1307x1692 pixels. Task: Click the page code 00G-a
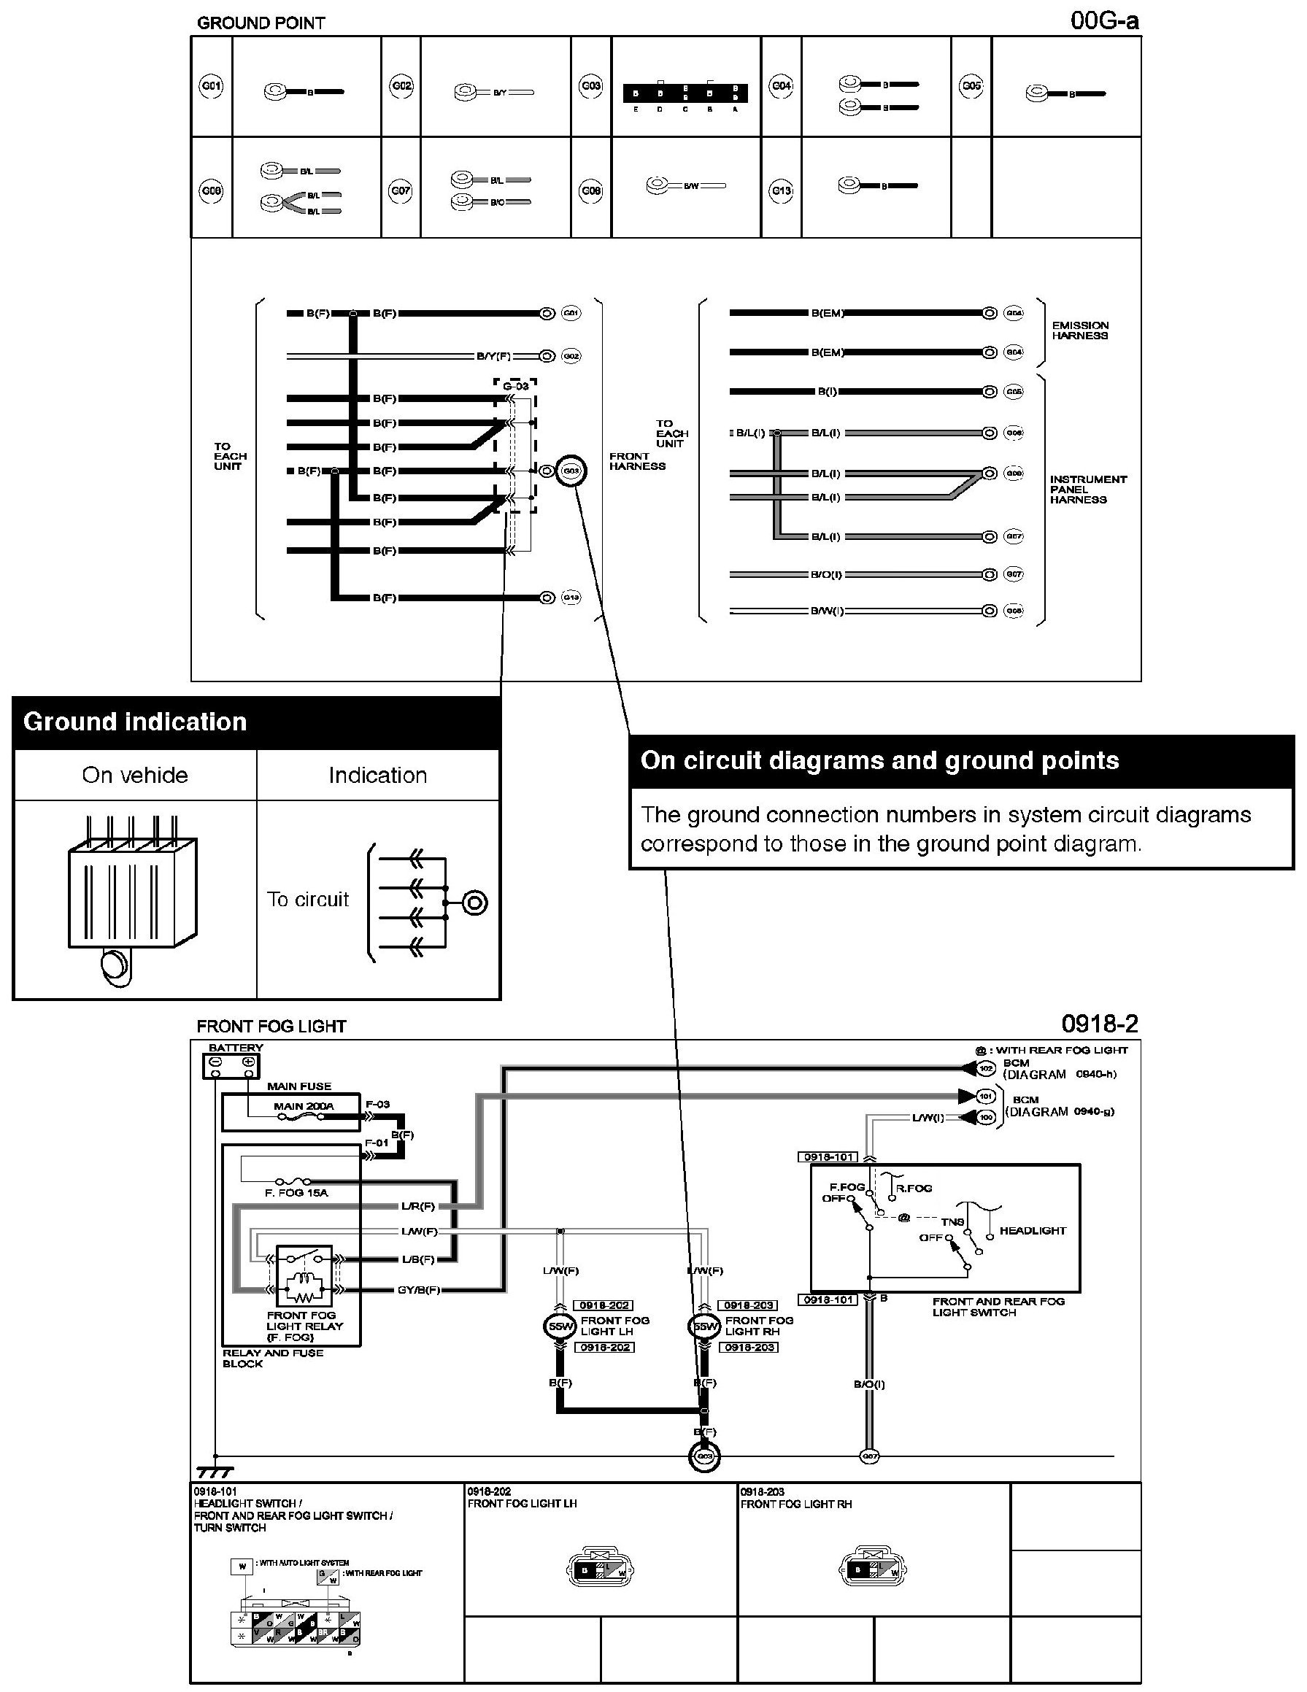click(1104, 21)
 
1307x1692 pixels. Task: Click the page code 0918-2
click(1099, 1024)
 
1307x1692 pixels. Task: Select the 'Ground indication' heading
click(135, 722)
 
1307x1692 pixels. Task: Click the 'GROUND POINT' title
click(261, 23)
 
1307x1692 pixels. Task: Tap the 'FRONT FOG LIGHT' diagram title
click(271, 1027)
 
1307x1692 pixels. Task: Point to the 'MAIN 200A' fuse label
click(303, 1106)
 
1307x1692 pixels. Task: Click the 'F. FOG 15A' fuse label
click(296, 1193)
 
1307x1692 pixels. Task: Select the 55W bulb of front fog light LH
click(560, 1326)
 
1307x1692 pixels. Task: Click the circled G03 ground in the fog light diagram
click(704, 1457)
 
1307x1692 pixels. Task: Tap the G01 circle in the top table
click(211, 86)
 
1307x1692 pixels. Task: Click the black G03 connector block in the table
click(685, 93)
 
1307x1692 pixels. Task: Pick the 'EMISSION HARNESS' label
click(1080, 331)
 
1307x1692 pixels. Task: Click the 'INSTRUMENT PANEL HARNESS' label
click(1088, 490)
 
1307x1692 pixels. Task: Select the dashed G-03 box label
click(515, 386)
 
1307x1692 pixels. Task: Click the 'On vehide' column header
click(135, 776)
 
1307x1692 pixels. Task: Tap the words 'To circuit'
click(307, 900)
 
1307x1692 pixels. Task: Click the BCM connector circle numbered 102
click(985, 1068)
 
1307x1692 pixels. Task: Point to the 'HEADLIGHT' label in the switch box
click(1032, 1231)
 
